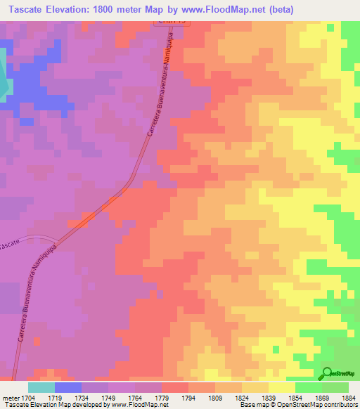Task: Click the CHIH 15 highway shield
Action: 171,22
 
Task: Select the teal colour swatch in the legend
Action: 41,387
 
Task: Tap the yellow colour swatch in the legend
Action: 281,387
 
